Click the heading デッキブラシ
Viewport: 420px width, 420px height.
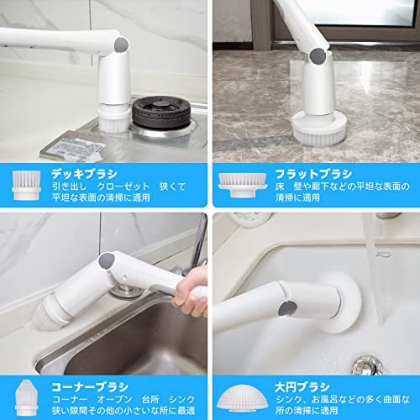point(84,174)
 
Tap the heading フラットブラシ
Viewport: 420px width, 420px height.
point(313,174)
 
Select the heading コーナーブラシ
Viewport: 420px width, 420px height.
point(90,387)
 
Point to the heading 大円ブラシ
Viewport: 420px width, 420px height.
point(302,387)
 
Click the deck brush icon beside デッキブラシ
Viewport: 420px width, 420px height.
point(26,186)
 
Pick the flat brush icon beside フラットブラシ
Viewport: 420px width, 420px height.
point(243,185)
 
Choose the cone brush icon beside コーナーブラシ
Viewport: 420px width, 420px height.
point(27,398)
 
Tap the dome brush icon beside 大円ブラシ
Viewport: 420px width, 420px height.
point(243,398)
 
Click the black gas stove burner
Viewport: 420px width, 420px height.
point(161,113)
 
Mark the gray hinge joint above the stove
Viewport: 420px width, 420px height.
point(122,45)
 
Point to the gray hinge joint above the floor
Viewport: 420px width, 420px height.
point(318,55)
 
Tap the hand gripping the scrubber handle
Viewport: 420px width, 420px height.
point(192,291)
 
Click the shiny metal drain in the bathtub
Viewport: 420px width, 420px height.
point(367,365)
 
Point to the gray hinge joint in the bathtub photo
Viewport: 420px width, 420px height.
point(287,309)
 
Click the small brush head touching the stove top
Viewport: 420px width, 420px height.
point(113,122)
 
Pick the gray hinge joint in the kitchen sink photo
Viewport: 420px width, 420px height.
point(107,261)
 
